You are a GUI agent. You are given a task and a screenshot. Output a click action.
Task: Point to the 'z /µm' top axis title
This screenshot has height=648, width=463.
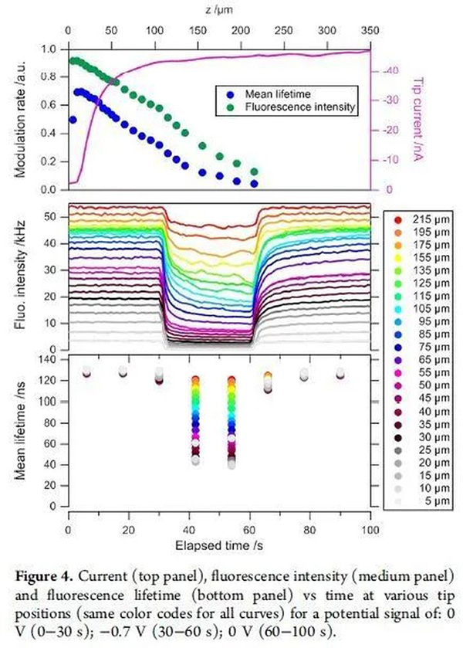(219, 9)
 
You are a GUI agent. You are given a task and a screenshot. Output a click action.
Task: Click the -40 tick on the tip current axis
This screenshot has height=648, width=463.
(390, 71)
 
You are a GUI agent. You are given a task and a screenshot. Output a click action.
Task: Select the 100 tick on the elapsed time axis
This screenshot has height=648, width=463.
(370, 531)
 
